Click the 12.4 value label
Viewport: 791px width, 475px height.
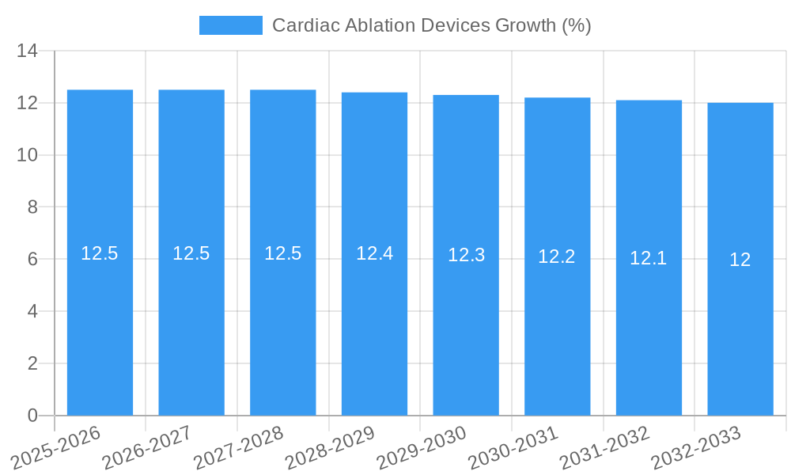click(374, 253)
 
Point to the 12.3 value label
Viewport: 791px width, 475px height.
click(466, 255)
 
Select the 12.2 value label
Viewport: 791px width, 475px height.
click(557, 256)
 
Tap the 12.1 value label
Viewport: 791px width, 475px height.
click(649, 258)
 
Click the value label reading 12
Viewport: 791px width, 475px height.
click(740, 260)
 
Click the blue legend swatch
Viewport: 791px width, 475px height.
click(230, 25)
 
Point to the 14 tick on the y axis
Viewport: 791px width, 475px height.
click(28, 51)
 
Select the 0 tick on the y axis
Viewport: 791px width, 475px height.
click(32, 416)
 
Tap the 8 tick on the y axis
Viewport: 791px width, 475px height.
click(32, 207)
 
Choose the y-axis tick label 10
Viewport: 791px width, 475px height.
click(28, 155)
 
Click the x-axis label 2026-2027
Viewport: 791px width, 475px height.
click(146, 447)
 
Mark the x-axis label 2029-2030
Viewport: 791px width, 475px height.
click(421, 447)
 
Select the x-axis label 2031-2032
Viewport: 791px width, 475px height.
click(604, 447)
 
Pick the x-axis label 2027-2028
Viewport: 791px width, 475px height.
click(238, 447)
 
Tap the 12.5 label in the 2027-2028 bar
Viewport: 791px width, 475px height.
click(282, 253)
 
